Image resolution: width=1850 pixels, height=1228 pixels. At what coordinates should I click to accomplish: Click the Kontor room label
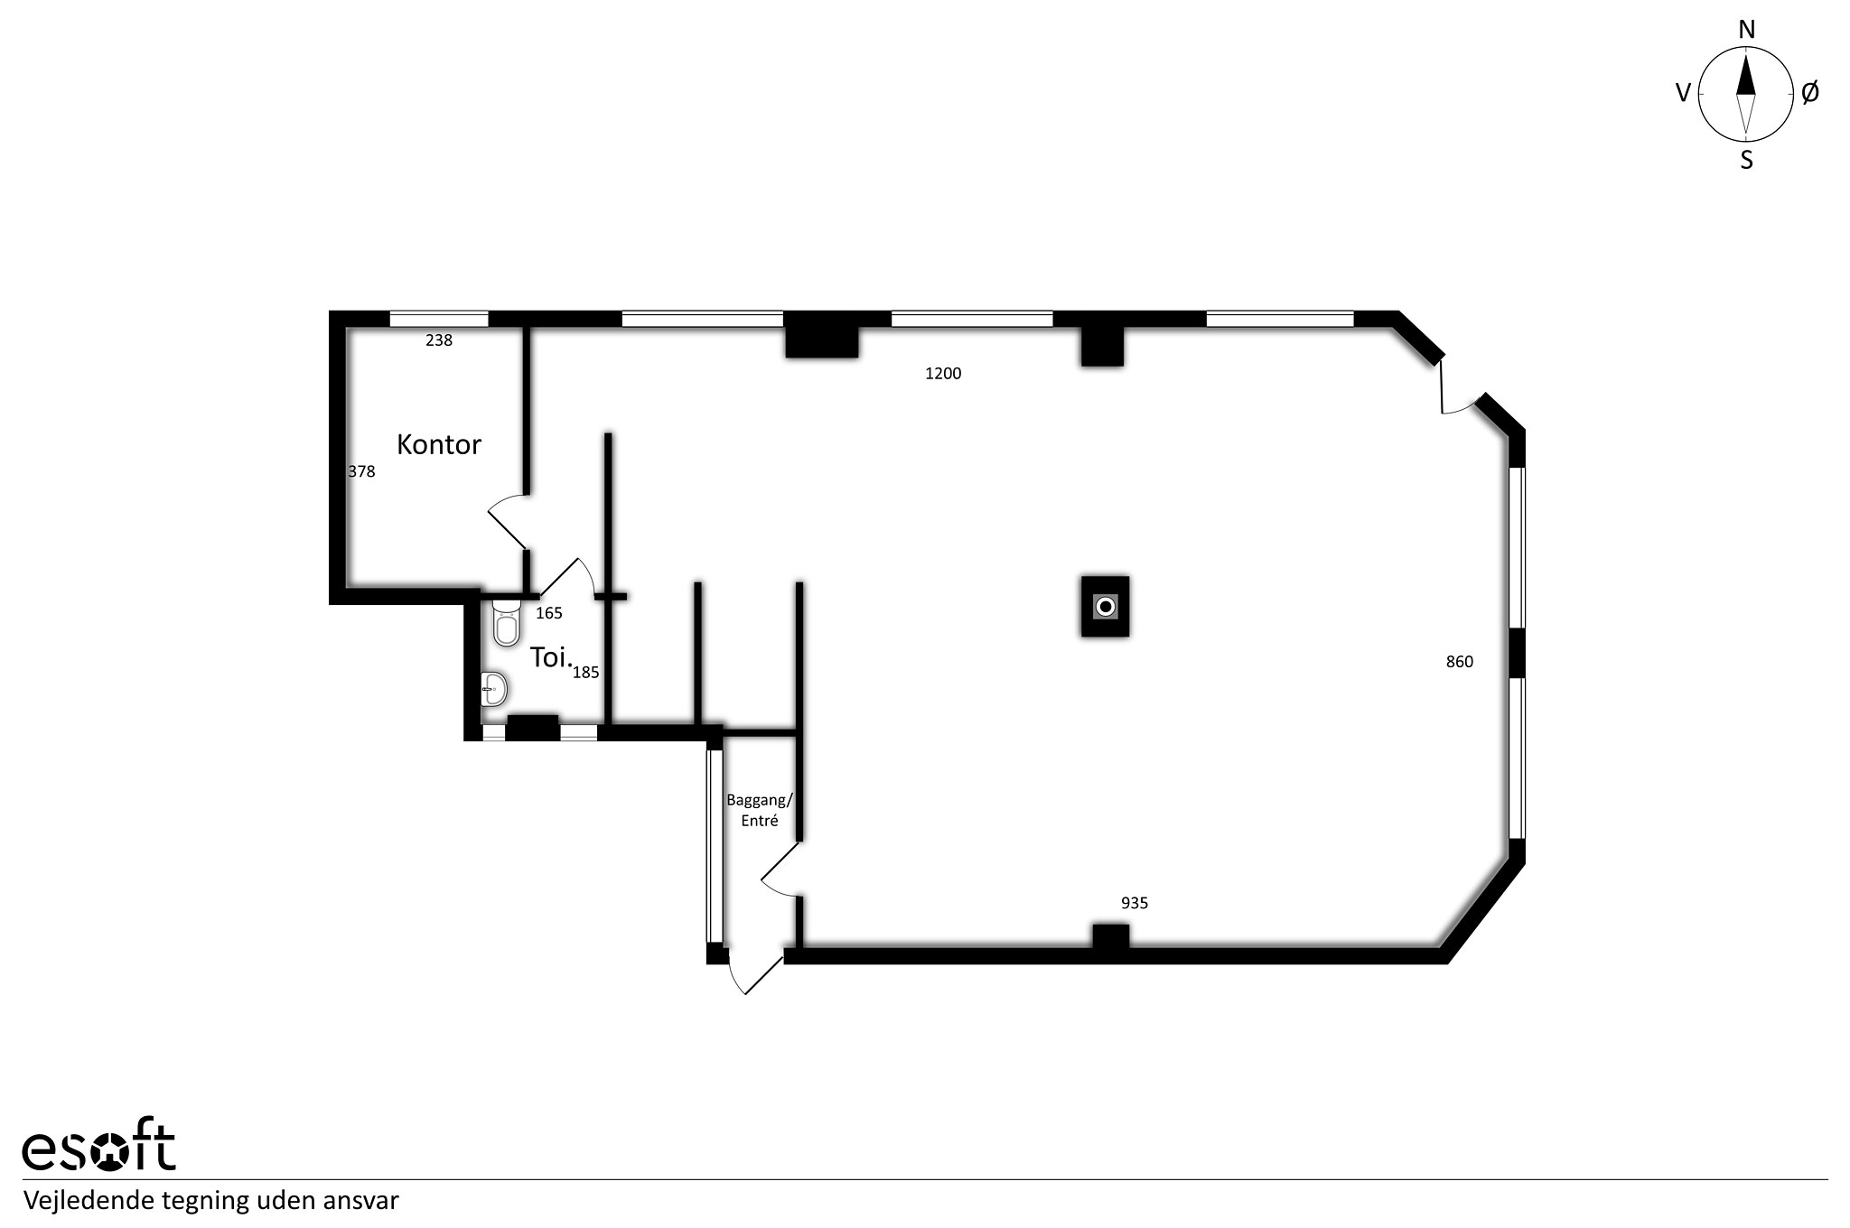pos(439,444)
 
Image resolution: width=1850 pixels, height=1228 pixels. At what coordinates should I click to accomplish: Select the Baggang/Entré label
pos(760,810)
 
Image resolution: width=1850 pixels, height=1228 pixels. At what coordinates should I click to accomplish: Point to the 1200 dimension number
pos(943,373)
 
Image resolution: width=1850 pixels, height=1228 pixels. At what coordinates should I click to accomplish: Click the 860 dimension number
pos(1460,662)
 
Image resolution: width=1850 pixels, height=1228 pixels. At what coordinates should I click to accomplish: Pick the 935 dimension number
pos(1135,903)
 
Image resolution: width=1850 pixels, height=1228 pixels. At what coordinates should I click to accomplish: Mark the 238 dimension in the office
pos(439,340)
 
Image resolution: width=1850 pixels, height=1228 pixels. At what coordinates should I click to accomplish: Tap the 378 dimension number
pos(362,471)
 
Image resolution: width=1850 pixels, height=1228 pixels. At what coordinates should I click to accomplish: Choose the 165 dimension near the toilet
pos(549,613)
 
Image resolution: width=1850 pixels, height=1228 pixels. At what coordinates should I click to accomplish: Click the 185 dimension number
pos(586,672)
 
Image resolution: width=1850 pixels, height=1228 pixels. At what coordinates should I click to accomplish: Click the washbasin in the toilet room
pos(493,690)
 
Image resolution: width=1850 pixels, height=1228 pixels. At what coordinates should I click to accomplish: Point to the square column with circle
pos(1106,607)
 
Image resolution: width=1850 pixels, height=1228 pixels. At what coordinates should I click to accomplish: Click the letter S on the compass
pos(1747,161)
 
